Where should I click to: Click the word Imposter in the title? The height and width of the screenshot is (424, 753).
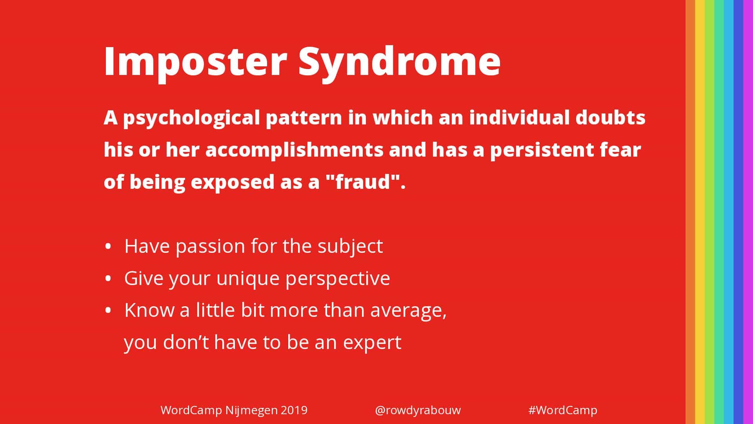195,62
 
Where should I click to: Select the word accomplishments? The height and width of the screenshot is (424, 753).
294,150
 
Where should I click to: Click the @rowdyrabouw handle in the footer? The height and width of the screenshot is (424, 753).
418,410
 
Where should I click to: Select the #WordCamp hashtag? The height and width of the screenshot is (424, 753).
563,410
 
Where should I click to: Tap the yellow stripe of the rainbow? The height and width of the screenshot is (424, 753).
700,212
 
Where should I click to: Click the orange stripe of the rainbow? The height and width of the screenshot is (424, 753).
690,212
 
